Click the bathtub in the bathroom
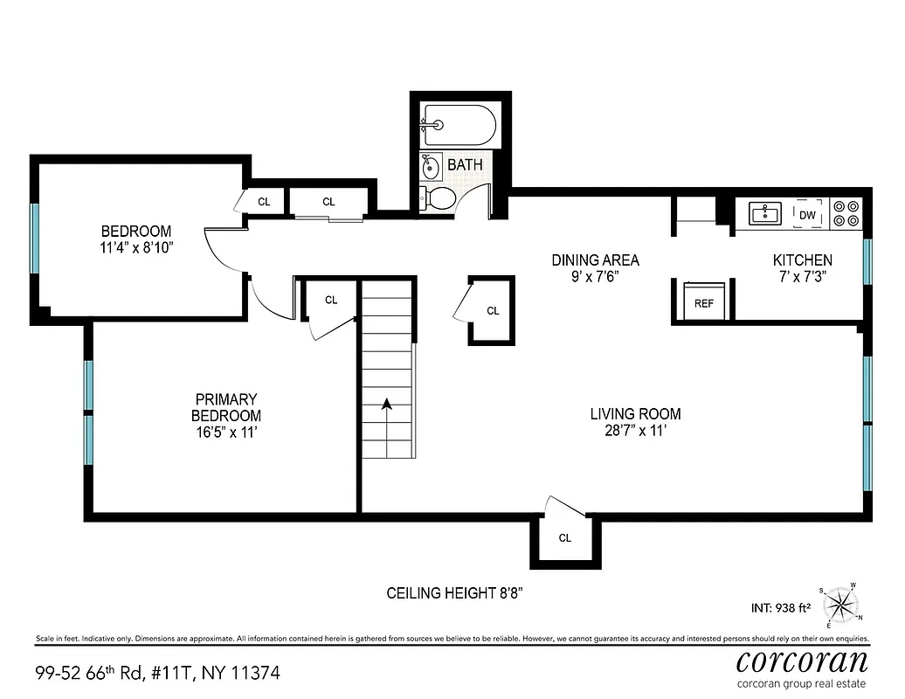pyautogui.click(x=459, y=125)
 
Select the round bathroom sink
pyautogui.click(x=431, y=165)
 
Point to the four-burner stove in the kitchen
pyautogui.click(x=845, y=213)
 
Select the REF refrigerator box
pyautogui.click(x=703, y=302)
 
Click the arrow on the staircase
pyautogui.click(x=386, y=404)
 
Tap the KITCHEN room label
pyautogui.click(x=802, y=260)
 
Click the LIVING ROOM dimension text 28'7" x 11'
pyautogui.click(x=635, y=431)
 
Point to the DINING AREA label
pyautogui.click(x=595, y=260)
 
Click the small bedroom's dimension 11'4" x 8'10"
pyautogui.click(x=137, y=248)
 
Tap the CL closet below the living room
pyautogui.click(x=565, y=538)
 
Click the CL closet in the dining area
pyautogui.click(x=493, y=311)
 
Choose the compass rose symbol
pyautogui.click(x=841, y=605)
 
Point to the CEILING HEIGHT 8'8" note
pyautogui.click(x=454, y=593)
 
